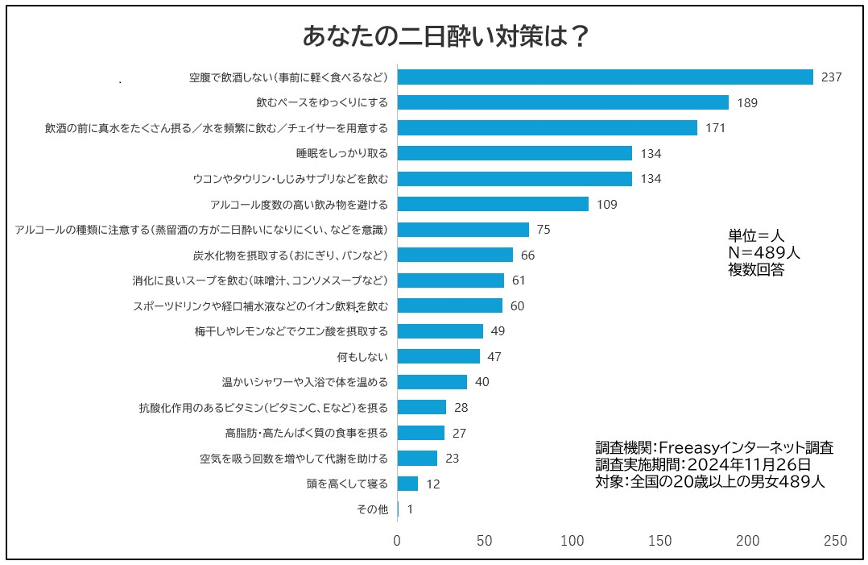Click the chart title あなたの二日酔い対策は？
[445, 36]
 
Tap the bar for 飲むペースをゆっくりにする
[563, 102]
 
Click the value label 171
[716, 128]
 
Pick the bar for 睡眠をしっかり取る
[515, 153]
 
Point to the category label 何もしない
[362, 356]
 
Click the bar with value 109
[493, 204]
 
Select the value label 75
[544, 230]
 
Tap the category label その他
[372, 509]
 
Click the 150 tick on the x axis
[660, 542]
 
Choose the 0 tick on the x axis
[397, 542]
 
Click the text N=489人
[764, 253]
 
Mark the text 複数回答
[756, 270]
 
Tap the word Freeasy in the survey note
[692, 448]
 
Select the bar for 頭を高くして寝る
[407, 484]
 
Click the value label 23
[453, 459]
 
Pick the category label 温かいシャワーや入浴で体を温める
[305, 382]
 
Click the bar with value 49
[440, 331]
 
